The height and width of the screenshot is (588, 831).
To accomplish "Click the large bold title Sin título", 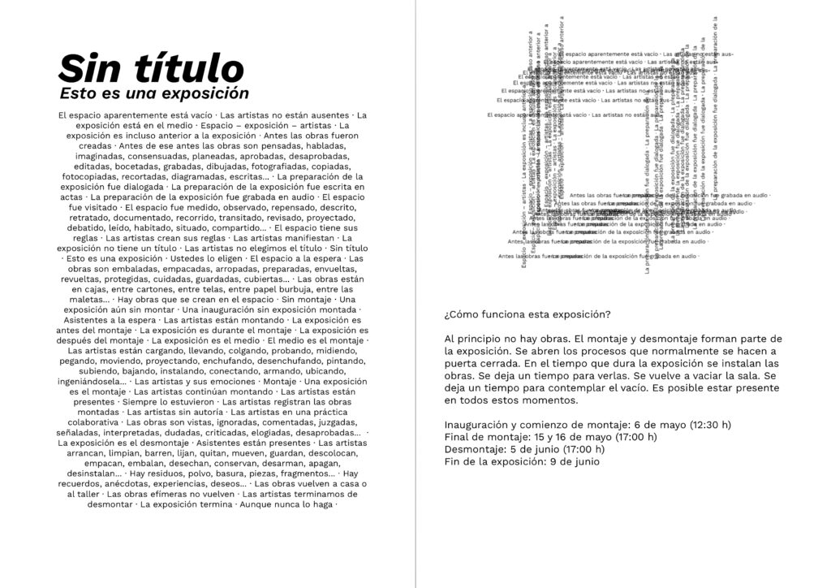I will coord(152,67).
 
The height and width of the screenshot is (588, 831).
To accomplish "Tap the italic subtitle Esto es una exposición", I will coord(154,93).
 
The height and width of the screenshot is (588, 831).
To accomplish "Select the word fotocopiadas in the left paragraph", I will coord(92,176).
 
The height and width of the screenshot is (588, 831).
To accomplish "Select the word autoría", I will coord(200,412).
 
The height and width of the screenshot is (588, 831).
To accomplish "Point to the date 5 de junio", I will coord(532,449).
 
